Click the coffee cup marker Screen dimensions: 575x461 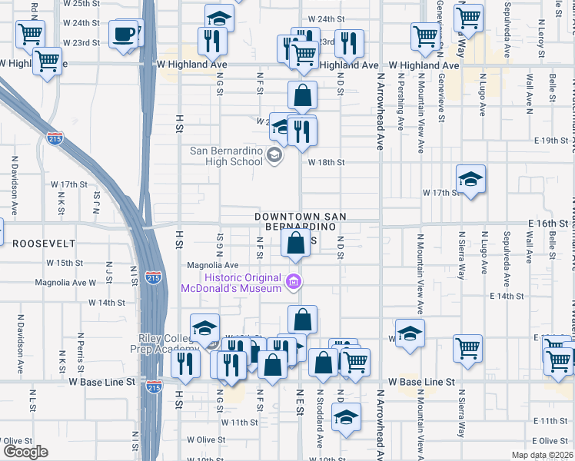coord(124,35)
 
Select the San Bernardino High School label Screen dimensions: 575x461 coord(226,156)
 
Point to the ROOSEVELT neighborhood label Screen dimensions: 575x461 coord(44,243)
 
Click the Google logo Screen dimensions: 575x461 coord(25,452)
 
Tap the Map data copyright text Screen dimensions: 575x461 coord(543,455)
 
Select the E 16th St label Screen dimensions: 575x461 coord(547,222)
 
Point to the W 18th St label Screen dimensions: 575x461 coord(326,162)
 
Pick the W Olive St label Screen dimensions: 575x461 coord(204,440)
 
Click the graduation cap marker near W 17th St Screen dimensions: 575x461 coord(470,181)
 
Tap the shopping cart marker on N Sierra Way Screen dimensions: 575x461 coord(467,348)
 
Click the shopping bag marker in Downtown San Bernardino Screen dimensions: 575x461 coord(295,245)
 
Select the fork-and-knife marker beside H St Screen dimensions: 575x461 coord(184,363)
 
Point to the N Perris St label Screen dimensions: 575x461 coord(80,350)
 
